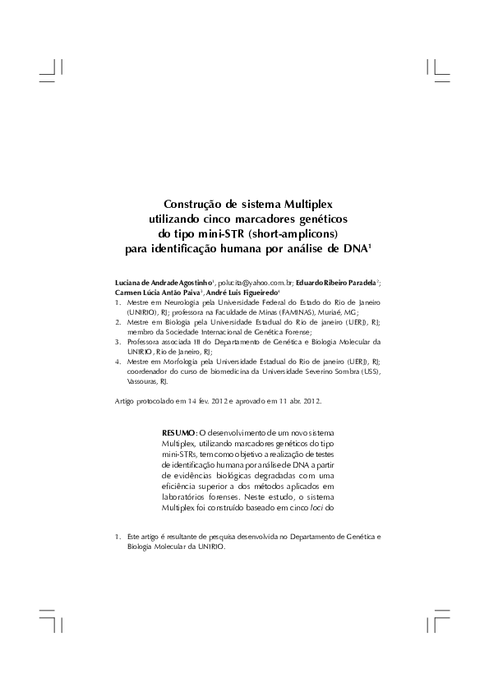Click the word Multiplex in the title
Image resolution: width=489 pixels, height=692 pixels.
pos(311,204)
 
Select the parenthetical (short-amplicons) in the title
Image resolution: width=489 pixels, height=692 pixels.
pos(288,233)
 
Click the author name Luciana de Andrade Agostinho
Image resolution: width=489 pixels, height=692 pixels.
pos(164,282)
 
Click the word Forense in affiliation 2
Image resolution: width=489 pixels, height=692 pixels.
pos(294,332)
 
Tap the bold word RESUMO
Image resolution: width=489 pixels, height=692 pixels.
pos(178,432)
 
